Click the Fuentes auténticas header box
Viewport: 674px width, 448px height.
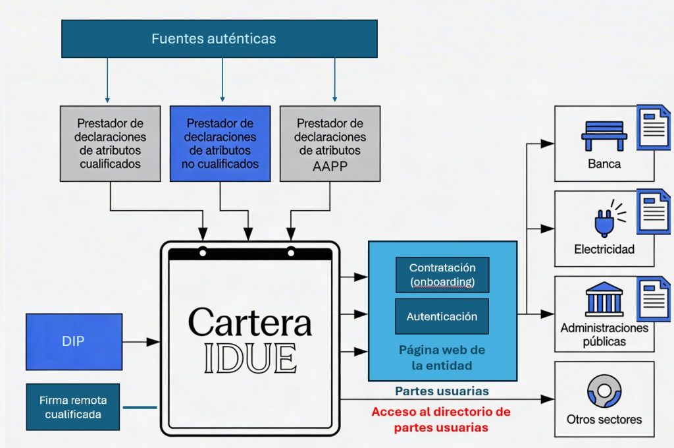click(219, 38)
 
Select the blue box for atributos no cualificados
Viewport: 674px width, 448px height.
click(220, 143)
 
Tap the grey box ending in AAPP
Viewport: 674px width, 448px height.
click(330, 143)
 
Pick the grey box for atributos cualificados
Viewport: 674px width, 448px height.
click(110, 143)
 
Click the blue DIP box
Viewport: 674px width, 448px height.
click(74, 341)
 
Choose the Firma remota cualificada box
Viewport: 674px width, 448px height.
click(73, 407)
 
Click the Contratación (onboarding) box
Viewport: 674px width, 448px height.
click(442, 275)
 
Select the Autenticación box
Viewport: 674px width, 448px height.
click(442, 316)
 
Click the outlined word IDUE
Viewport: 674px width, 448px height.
click(249, 358)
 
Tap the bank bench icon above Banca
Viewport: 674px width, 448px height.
click(604, 135)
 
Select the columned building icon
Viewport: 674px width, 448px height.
click(604, 300)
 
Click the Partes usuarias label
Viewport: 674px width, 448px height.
click(442, 391)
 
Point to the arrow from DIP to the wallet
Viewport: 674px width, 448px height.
click(141, 341)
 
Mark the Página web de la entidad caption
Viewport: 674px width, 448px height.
click(442, 356)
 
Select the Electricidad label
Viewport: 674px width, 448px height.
click(604, 249)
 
